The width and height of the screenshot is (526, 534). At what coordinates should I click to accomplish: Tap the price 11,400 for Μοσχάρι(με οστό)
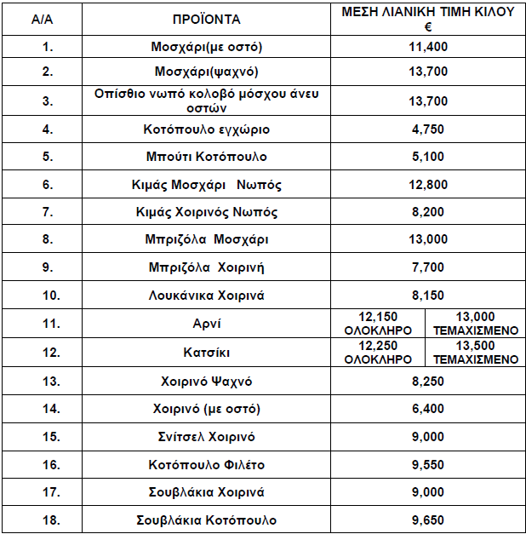(428, 47)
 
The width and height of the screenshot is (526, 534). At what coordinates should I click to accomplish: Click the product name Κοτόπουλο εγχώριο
(207, 129)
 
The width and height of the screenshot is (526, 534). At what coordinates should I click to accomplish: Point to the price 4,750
(428, 129)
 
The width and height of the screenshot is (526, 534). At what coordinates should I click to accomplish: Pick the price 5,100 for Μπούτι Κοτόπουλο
(428, 157)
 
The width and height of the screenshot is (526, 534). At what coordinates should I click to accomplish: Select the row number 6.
(48, 185)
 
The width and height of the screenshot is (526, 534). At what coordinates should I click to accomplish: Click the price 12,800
(428, 185)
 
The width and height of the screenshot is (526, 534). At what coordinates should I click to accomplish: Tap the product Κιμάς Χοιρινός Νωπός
(207, 212)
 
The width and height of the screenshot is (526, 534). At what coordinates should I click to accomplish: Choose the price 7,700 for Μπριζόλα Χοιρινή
(428, 267)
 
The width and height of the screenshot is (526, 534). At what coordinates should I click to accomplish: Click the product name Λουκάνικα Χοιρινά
(207, 296)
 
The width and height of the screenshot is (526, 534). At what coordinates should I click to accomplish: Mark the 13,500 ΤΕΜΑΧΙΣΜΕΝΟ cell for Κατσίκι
(475, 352)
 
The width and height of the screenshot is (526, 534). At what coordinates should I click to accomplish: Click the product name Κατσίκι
(207, 352)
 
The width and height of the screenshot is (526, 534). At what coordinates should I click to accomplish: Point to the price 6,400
(428, 409)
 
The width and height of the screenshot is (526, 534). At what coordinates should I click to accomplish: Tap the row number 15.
(48, 437)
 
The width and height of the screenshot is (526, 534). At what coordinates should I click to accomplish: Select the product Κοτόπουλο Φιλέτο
(207, 464)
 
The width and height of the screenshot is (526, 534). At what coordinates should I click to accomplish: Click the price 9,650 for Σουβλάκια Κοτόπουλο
(428, 520)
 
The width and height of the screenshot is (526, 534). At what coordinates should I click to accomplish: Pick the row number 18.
(48, 520)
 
